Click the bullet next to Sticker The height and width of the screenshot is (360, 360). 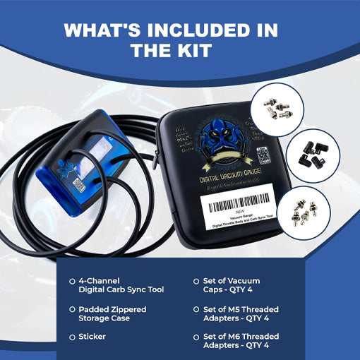click(x=73, y=337)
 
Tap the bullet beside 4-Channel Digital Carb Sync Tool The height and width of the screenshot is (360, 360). click(x=73, y=280)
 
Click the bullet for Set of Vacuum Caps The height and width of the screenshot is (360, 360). click(x=196, y=280)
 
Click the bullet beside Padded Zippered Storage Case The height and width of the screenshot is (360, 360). click(x=73, y=308)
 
